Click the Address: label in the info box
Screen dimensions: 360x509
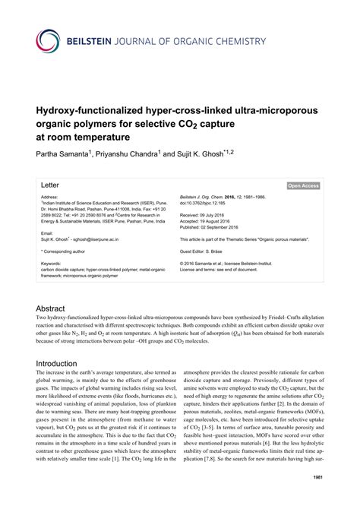pos(51,197)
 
